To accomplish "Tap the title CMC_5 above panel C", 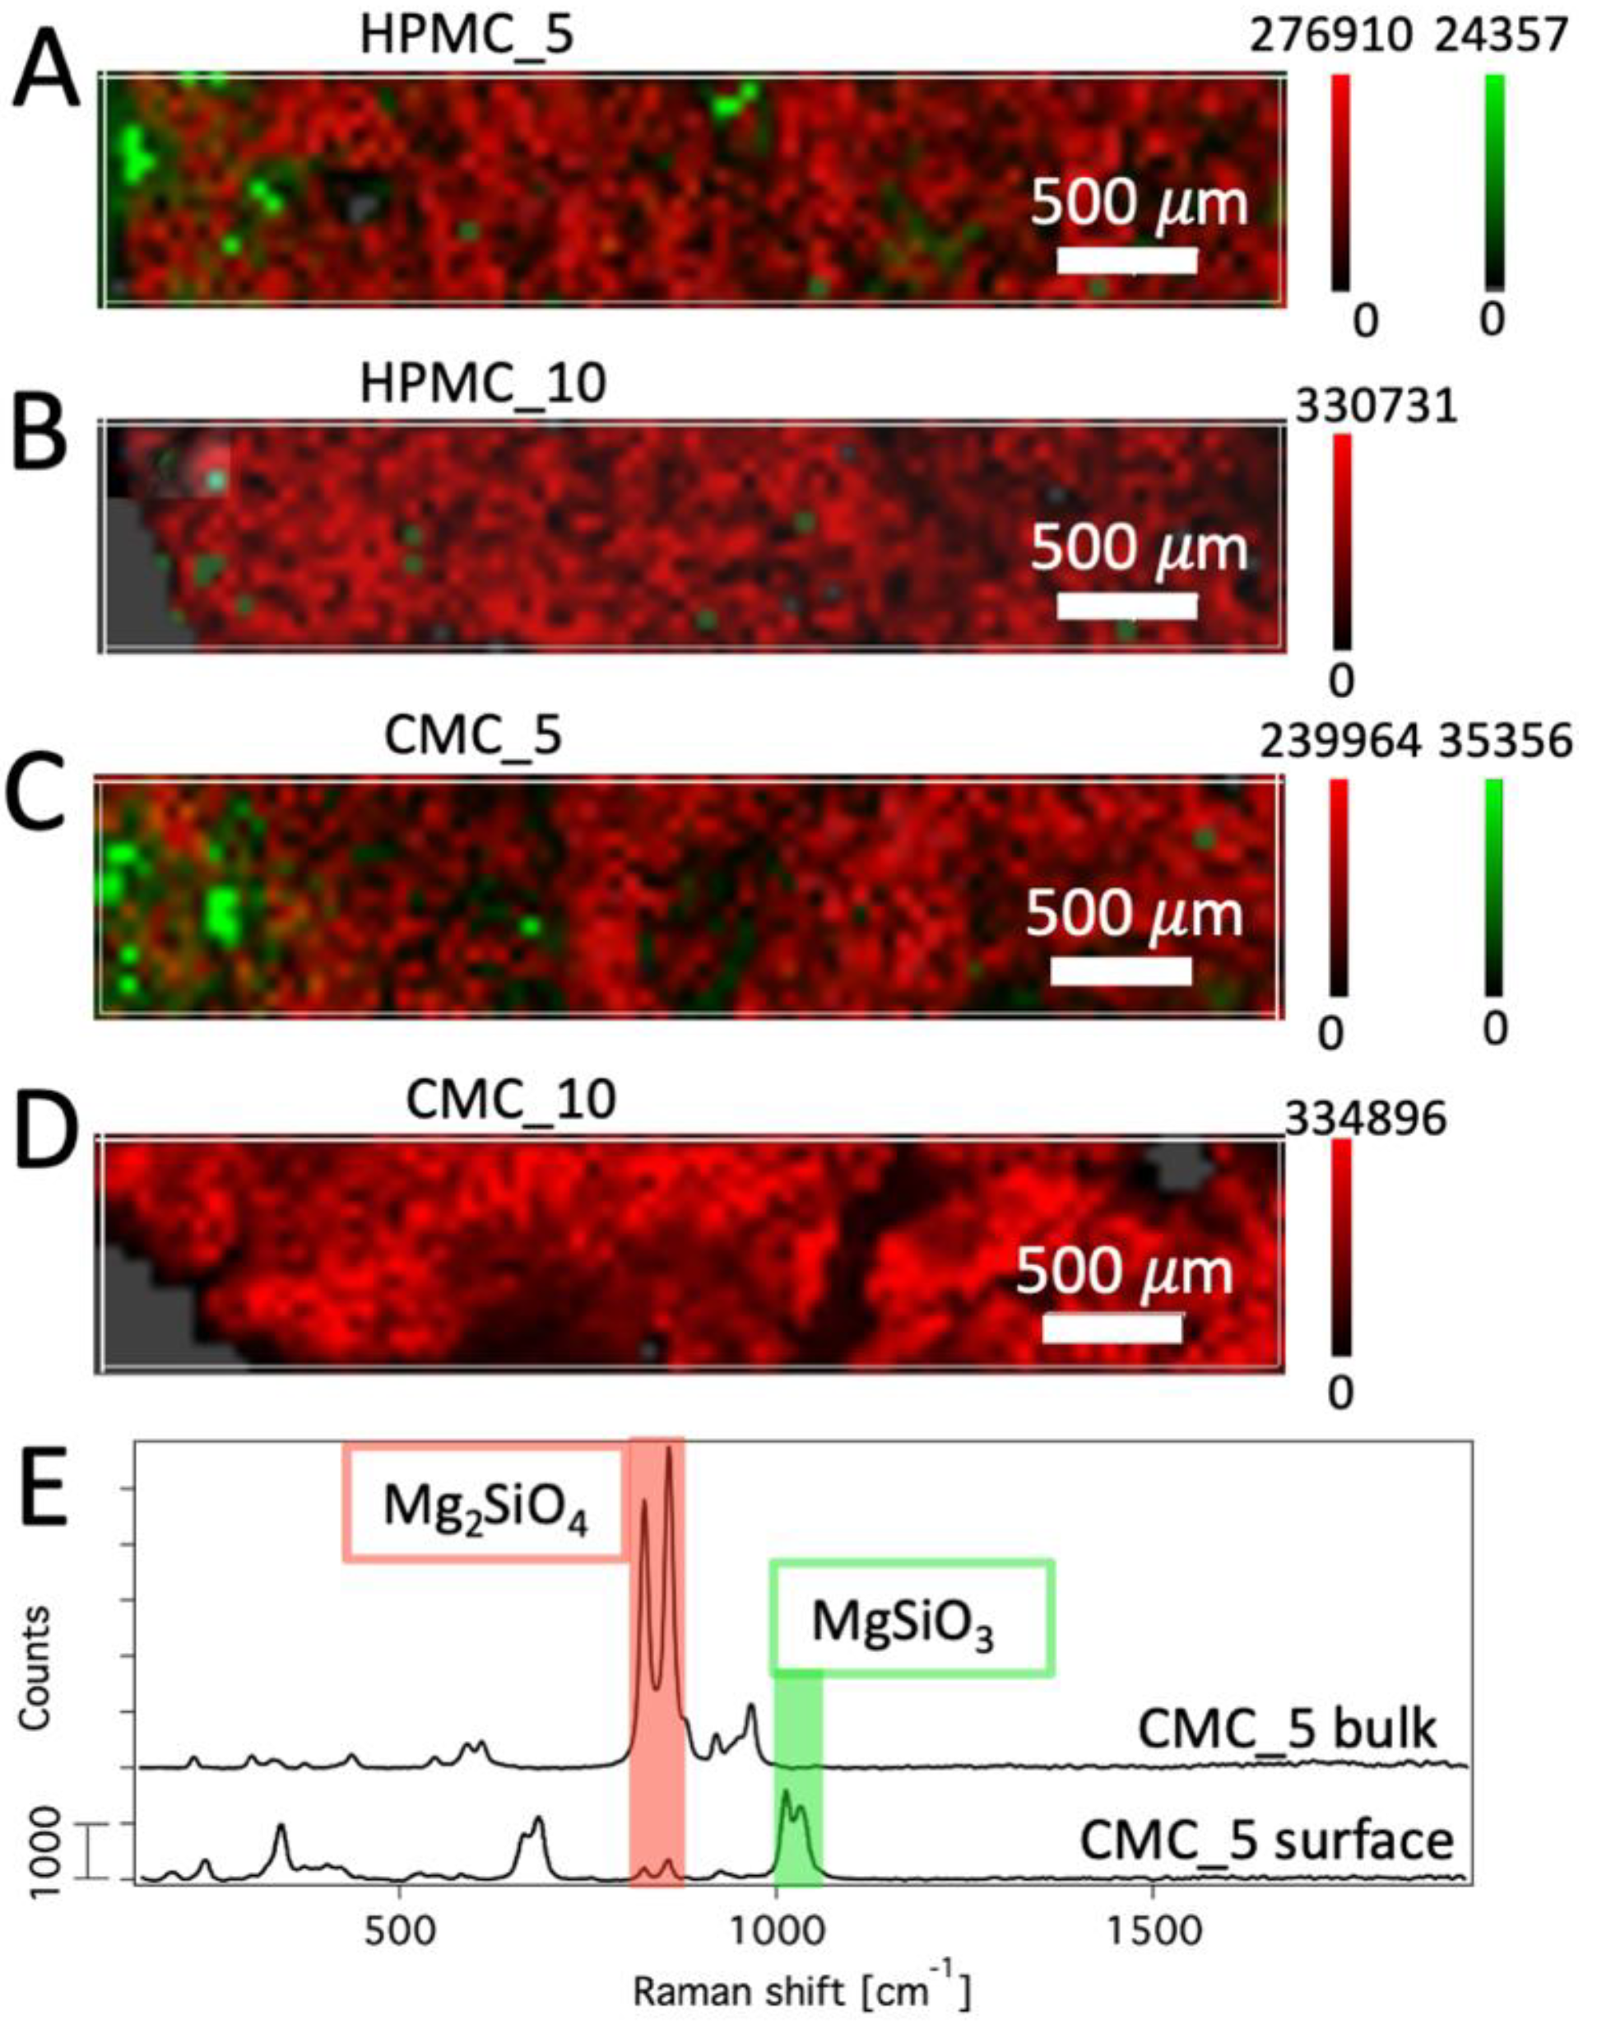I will pos(473,737).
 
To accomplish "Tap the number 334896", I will pos(1367,1120).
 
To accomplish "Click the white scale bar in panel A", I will pos(1126,261).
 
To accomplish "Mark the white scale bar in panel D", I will pos(1112,1328).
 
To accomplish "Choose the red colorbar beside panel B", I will pos(1342,542).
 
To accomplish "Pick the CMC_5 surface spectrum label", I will pos(1268,1841).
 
